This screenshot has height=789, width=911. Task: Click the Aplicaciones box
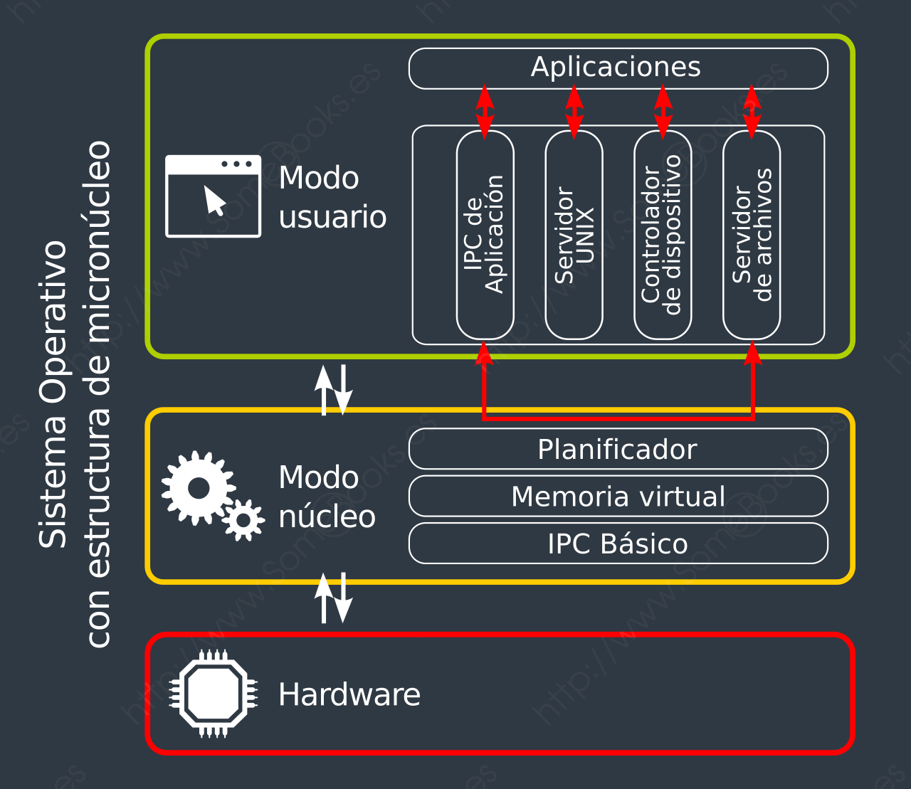(x=618, y=68)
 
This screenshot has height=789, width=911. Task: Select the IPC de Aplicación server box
(x=485, y=235)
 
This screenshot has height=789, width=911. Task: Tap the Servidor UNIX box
(x=574, y=235)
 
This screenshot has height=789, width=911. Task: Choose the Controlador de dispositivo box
(x=663, y=235)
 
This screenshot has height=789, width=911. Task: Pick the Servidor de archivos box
(x=752, y=235)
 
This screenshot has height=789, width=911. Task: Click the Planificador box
(x=618, y=449)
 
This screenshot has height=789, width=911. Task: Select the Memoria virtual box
(x=618, y=496)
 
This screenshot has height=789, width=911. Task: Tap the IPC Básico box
(x=618, y=544)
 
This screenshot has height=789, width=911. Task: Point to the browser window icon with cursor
(x=213, y=196)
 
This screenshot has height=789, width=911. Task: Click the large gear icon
(x=198, y=488)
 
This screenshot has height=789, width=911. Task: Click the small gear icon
(x=243, y=521)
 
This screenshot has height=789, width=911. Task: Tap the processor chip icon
(x=214, y=694)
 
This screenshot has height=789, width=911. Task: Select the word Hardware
(x=349, y=694)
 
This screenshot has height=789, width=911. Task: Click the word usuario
(x=332, y=217)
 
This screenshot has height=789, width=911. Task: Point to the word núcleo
(x=327, y=517)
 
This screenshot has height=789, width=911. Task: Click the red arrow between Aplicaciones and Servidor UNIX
(x=574, y=111)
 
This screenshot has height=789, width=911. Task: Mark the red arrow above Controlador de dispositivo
(x=663, y=111)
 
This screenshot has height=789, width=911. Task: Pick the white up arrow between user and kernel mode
(x=325, y=390)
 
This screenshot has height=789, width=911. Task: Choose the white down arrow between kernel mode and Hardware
(x=343, y=598)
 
